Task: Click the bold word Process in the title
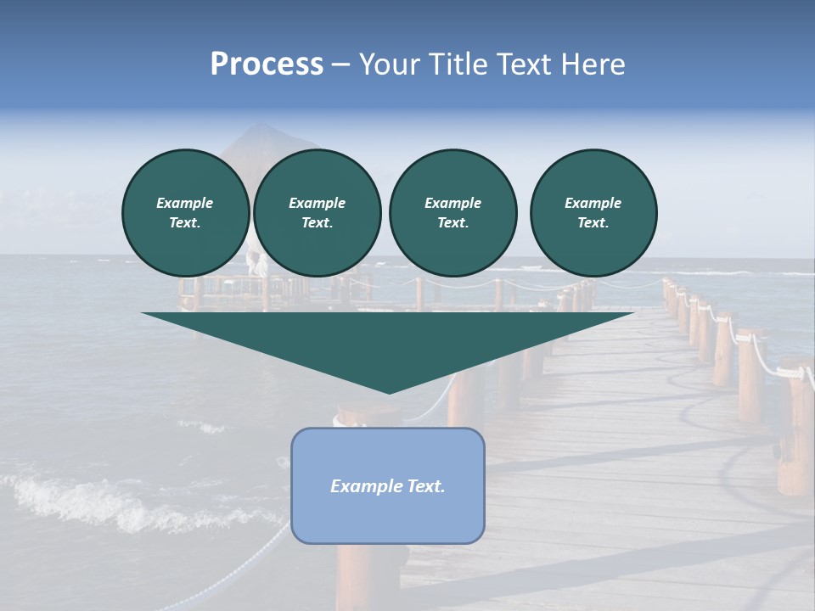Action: (267, 64)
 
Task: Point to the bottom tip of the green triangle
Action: (389, 392)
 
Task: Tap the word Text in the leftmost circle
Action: (185, 223)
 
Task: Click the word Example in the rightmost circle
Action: (593, 203)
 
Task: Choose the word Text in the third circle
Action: (452, 223)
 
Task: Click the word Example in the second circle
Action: (317, 203)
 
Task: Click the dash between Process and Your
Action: (340, 64)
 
